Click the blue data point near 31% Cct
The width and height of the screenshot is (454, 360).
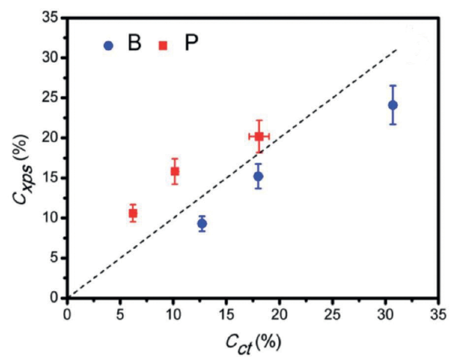click(x=393, y=105)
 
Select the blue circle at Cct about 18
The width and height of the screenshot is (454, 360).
click(x=258, y=176)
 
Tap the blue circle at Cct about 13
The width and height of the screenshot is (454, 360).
click(x=202, y=223)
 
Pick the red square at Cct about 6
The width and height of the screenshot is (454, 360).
click(x=132, y=213)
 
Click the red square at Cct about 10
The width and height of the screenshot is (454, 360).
click(x=175, y=171)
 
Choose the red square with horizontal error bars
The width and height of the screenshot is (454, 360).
click(x=259, y=136)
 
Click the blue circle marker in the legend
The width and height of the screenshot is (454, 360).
click(x=108, y=45)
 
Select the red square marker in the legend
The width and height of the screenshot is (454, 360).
click(x=162, y=45)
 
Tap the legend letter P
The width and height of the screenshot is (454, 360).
click(x=191, y=44)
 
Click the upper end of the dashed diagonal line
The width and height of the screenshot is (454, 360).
click(x=397, y=49)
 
